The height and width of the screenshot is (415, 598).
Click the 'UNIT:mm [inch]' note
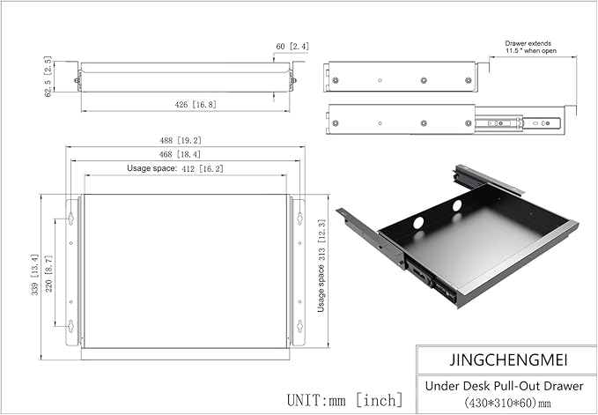pos(345,399)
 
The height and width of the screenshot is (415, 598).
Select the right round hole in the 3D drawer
pos(457,204)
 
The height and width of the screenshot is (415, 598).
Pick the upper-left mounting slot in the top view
pos(70,216)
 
